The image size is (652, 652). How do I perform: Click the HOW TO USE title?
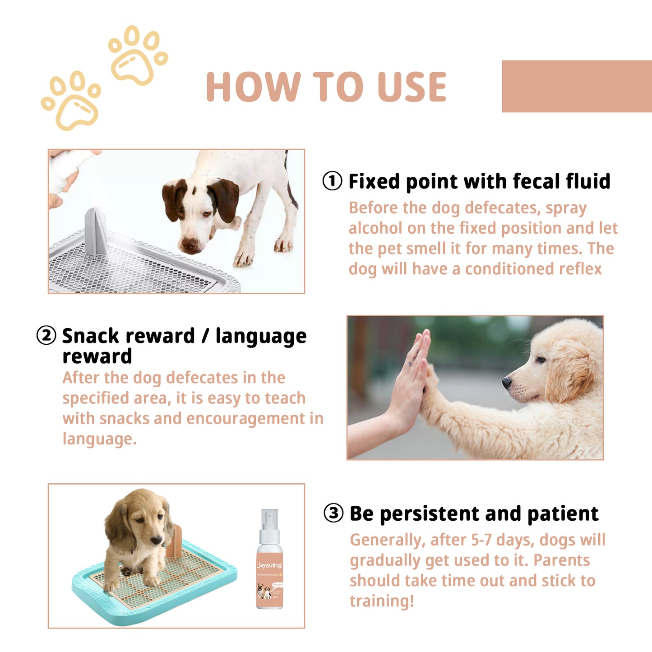click(326, 87)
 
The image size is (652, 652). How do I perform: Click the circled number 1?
click(332, 181)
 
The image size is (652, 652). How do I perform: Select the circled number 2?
click(46, 336)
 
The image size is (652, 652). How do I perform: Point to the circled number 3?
click(333, 513)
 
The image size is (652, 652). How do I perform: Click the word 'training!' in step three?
click(382, 601)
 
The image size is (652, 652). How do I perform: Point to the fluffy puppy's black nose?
click(507, 383)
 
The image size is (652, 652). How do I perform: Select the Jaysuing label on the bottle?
click(269, 565)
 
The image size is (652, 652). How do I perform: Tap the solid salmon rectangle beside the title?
click(577, 86)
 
